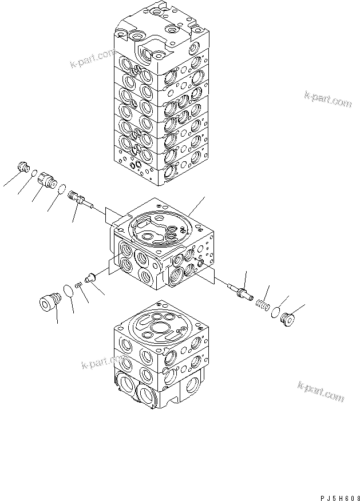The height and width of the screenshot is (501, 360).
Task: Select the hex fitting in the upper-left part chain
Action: point(47,180)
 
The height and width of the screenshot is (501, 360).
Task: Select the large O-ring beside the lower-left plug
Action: point(68,290)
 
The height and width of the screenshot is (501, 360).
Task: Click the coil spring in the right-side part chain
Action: point(261,304)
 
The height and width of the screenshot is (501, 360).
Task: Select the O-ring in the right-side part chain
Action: point(276,312)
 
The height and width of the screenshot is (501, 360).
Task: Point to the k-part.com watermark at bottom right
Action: point(321,392)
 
